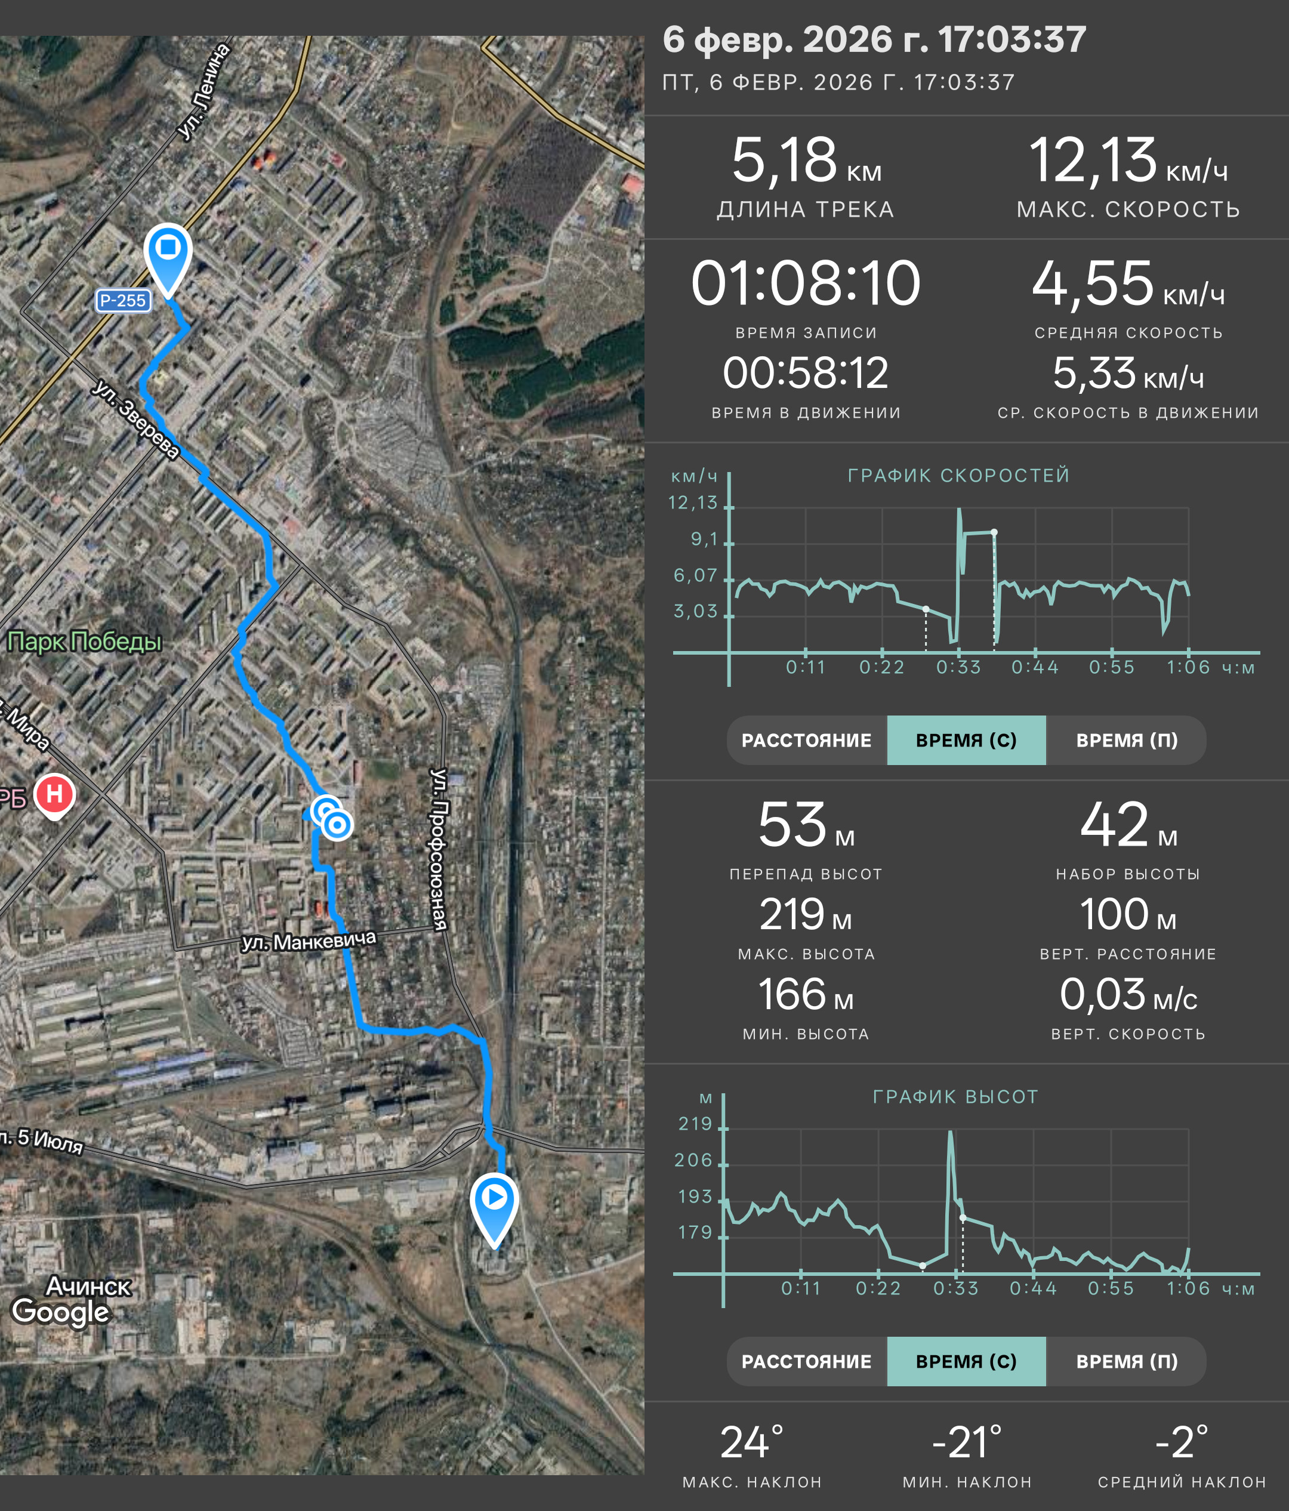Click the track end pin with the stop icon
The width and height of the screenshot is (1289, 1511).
click(x=168, y=259)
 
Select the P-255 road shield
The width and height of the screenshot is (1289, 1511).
click(x=123, y=300)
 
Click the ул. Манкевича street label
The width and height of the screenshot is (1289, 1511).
click(x=309, y=942)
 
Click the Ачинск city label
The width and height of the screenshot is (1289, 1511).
click(x=88, y=1285)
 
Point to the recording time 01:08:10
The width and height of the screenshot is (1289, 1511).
click(x=806, y=283)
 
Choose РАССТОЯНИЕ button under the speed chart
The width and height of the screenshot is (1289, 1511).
click(x=806, y=740)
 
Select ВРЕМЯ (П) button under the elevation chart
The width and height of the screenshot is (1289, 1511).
click(x=1127, y=1361)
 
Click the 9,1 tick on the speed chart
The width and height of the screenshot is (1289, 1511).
click(x=704, y=539)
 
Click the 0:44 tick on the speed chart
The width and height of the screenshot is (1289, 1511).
click(x=1035, y=667)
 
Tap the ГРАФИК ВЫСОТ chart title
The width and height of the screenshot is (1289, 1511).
click(x=955, y=1097)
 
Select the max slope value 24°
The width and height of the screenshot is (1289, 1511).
click(x=752, y=1442)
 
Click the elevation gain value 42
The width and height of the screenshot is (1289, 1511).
click(x=1114, y=825)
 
